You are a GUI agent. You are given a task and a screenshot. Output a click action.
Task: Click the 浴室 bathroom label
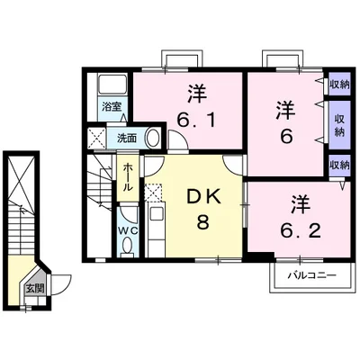tap(112, 107)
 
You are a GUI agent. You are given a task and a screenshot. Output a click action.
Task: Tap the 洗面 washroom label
tap(127, 138)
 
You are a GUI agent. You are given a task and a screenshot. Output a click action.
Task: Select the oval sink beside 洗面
tap(153, 138)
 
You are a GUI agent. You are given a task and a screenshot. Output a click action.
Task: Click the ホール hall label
tap(128, 177)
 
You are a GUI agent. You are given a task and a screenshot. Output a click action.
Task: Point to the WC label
tap(128, 230)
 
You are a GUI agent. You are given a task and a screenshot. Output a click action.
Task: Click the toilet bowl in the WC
tap(128, 246)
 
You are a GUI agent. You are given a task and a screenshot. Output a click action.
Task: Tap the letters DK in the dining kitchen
tap(203, 196)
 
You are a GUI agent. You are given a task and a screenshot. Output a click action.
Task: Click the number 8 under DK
tap(203, 221)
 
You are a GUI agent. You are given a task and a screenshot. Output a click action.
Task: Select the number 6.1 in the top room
tap(196, 121)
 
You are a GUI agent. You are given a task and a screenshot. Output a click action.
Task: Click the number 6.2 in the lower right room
tap(301, 230)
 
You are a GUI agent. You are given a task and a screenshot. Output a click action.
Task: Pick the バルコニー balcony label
tap(312, 275)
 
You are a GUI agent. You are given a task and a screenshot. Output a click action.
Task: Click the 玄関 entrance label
tap(35, 288)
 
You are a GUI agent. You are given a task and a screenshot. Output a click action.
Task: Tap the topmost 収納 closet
tap(339, 85)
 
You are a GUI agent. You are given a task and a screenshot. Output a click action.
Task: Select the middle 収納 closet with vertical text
tap(339, 125)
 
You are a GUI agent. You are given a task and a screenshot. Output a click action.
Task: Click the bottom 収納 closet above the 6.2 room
tap(339, 165)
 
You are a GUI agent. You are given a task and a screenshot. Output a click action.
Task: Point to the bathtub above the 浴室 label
tap(112, 85)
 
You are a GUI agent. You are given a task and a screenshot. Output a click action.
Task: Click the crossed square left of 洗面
tap(97, 138)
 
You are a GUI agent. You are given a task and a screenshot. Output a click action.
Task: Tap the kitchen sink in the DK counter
tap(156, 214)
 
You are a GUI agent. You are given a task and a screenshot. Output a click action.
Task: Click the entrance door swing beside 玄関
tap(60, 284)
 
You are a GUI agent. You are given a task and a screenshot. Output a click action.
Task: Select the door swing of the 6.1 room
tap(178, 139)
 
